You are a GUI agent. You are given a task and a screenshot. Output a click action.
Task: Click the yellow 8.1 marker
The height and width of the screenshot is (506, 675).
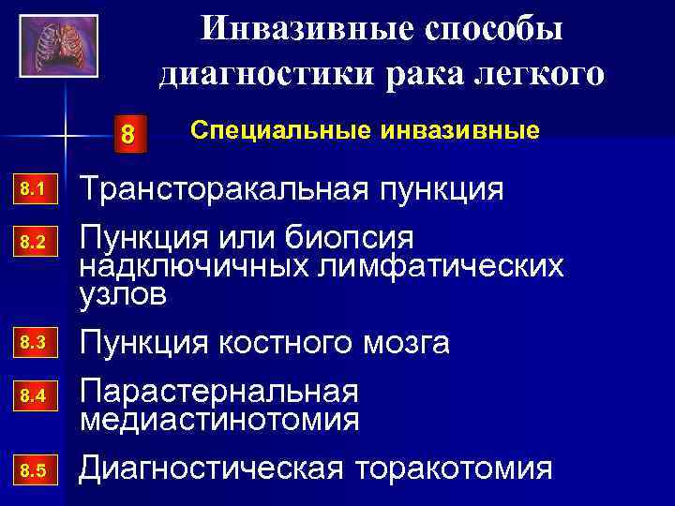pyautogui.click(x=33, y=191)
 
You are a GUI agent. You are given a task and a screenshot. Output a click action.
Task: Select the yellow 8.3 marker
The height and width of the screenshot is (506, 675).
pyautogui.click(x=33, y=343)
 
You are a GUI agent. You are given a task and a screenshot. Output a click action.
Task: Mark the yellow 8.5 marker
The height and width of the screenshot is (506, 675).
pyautogui.click(x=33, y=468)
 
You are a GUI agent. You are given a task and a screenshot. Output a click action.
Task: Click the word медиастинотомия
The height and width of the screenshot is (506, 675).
pyautogui.click(x=219, y=418)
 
